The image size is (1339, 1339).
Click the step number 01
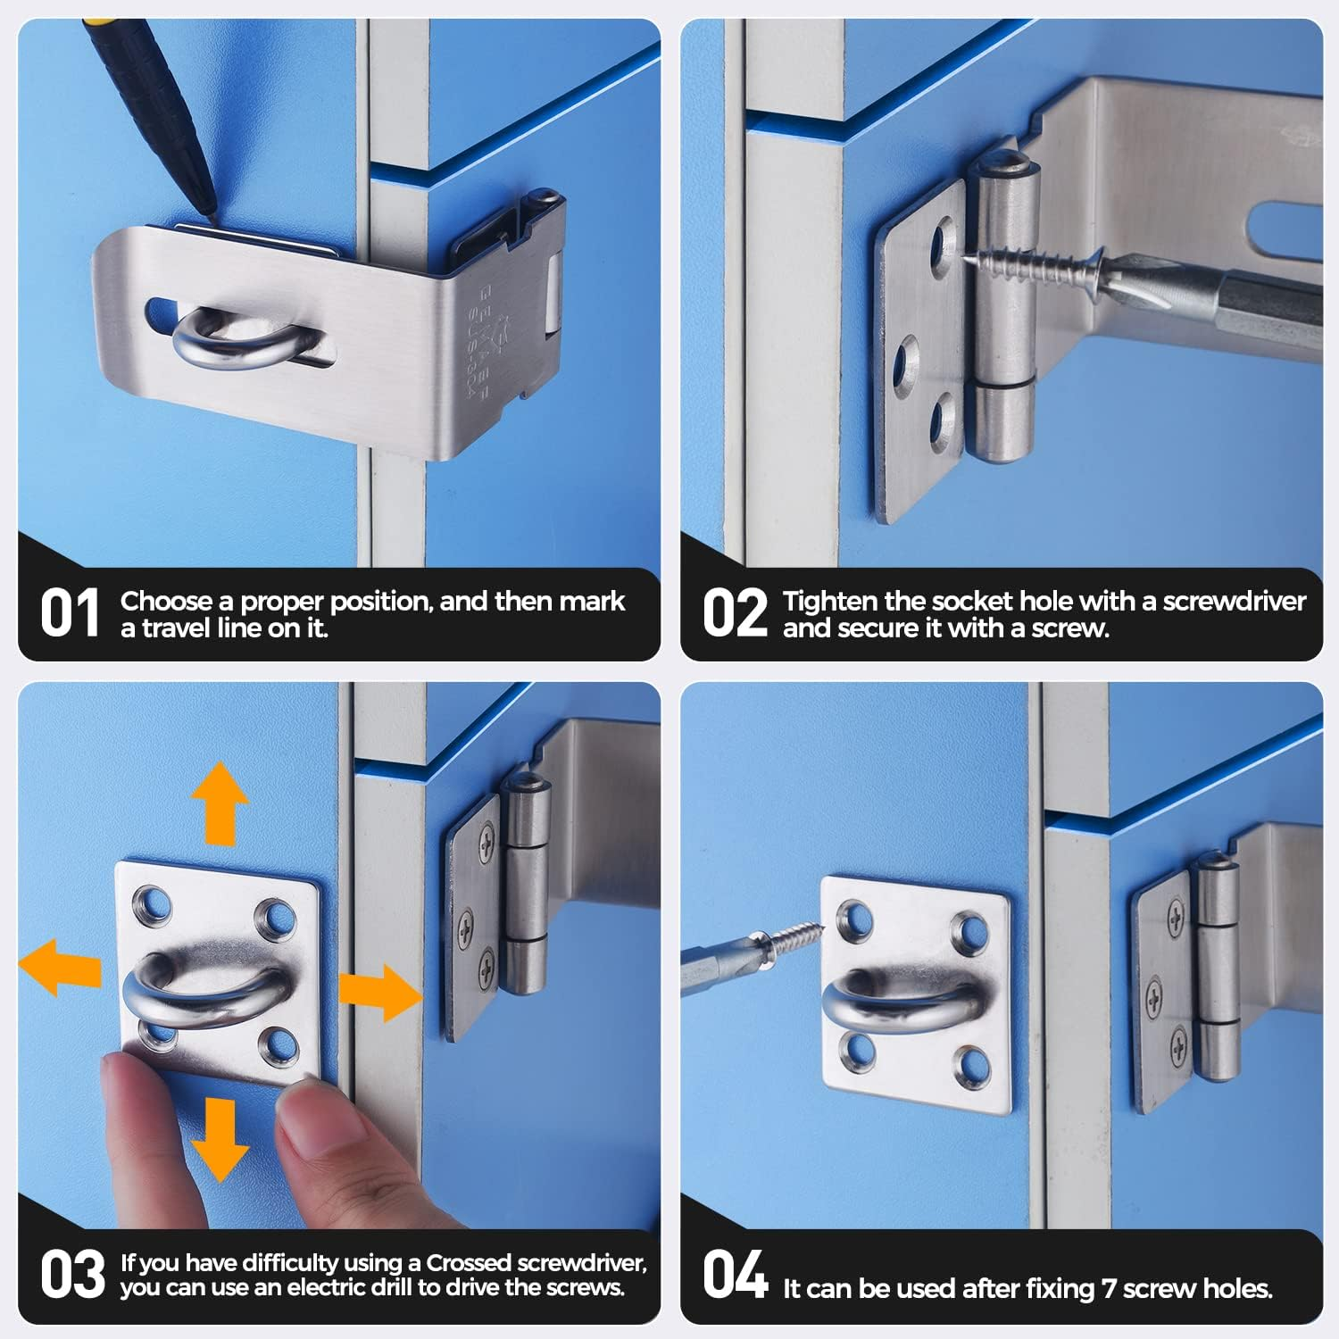(x=69, y=614)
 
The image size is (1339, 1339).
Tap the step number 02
(x=734, y=614)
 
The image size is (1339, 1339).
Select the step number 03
(x=71, y=1275)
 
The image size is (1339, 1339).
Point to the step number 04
(x=734, y=1275)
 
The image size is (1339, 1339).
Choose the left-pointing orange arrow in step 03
(x=58, y=967)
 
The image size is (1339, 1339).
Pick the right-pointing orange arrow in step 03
(x=379, y=992)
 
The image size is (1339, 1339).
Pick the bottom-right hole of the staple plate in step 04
(x=970, y=1065)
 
